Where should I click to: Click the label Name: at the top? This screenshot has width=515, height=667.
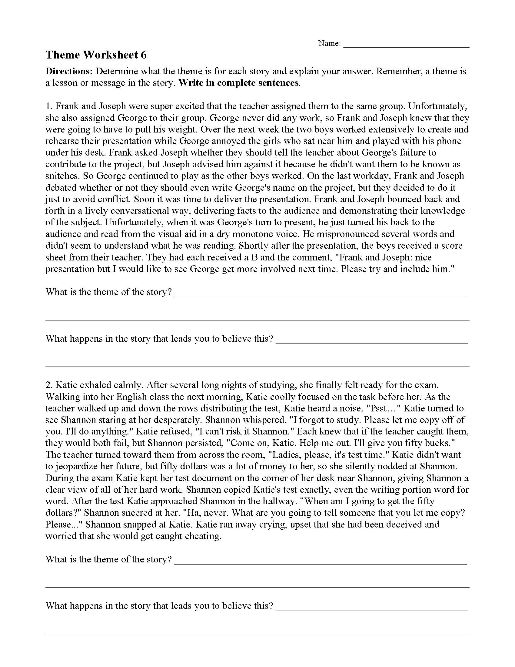(x=330, y=43)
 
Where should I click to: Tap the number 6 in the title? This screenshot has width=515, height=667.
(x=143, y=55)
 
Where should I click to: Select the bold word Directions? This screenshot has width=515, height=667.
(x=69, y=71)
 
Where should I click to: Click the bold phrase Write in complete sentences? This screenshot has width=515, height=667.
(x=238, y=83)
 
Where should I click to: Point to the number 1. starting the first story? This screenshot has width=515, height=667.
(x=49, y=106)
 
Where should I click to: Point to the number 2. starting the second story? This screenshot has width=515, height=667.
(x=49, y=385)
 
